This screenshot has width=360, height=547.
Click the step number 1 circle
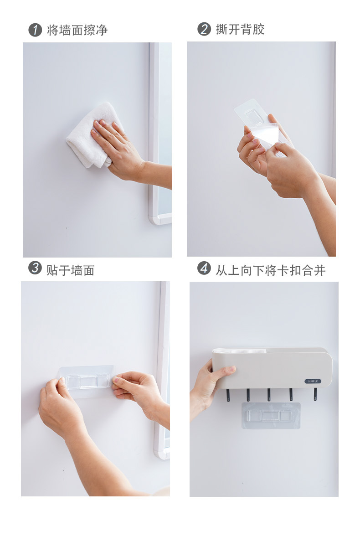(35, 30)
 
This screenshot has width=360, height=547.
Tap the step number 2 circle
(204, 29)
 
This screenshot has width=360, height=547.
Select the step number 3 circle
(35, 268)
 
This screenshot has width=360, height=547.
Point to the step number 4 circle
(204, 268)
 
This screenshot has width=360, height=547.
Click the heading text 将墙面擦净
(77, 30)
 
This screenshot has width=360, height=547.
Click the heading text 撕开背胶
(240, 29)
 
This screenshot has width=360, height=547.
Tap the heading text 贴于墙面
(71, 270)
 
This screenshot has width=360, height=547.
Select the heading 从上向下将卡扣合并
(270, 270)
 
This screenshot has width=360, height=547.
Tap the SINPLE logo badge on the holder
(313, 381)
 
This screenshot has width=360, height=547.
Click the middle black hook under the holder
(269, 395)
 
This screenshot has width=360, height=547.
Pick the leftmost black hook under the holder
(228, 395)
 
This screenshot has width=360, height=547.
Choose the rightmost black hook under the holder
(315, 394)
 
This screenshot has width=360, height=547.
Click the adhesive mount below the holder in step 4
(271, 416)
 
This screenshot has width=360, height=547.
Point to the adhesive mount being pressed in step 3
(87, 382)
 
